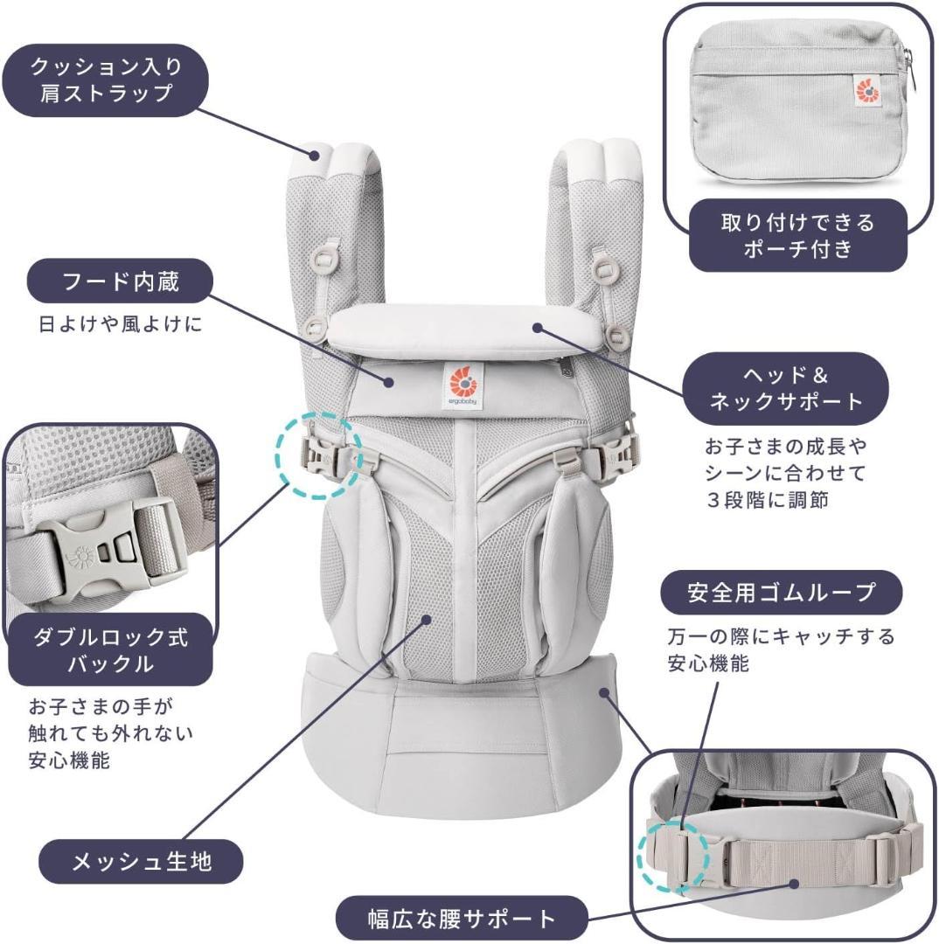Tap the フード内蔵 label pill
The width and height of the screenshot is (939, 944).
coord(122,282)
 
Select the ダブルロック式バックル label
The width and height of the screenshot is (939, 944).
coord(110,649)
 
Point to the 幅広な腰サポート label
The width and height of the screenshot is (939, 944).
coord(462,919)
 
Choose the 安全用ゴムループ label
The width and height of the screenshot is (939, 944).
coord(781,593)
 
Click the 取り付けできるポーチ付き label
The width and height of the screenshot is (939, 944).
coord(796,235)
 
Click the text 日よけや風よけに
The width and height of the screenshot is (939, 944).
coord(121,325)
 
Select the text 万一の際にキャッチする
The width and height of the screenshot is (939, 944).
coord(780,636)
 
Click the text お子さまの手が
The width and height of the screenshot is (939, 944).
coord(97,705)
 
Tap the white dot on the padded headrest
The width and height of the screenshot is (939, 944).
coord(539,329)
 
